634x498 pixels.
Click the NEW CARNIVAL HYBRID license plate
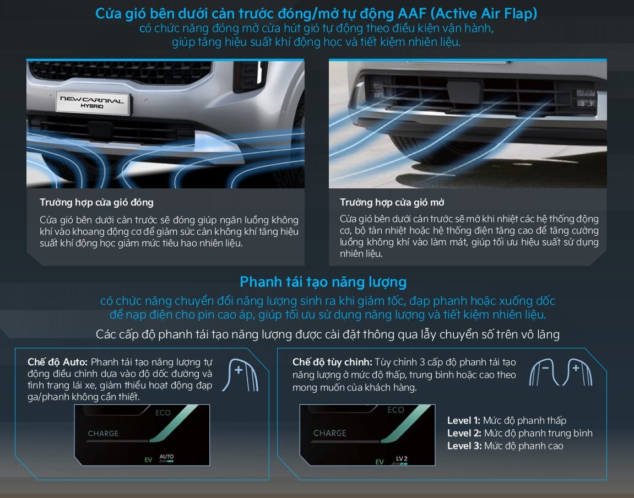93,102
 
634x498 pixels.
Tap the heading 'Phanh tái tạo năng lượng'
323,282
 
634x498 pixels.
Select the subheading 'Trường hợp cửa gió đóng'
96,202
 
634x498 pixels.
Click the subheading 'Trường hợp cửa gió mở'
392,202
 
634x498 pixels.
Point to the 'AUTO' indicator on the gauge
166,457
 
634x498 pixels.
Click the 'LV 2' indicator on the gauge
402,459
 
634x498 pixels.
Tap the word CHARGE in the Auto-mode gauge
103,434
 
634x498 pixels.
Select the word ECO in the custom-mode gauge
395,410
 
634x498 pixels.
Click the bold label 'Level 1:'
463,420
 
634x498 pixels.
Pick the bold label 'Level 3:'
464,446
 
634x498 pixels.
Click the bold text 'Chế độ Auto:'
57,362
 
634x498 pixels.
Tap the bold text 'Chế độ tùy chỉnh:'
332,362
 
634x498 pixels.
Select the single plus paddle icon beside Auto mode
241,375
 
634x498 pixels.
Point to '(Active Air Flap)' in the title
484,13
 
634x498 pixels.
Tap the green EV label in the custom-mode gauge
380,462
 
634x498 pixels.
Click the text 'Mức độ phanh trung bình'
538,434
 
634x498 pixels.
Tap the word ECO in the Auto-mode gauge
163,413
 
